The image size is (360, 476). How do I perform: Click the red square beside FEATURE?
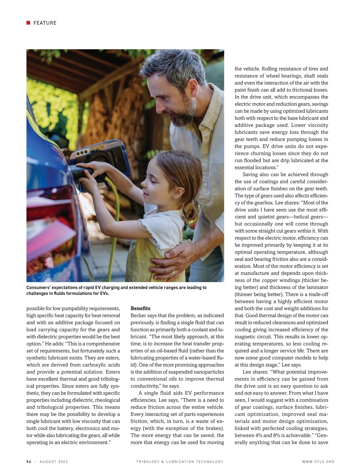pos(28,23)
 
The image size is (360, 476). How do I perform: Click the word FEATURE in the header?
pos(45,23)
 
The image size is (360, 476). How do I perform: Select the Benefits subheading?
pos(140,308)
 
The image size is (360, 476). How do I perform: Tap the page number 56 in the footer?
pos(29,462)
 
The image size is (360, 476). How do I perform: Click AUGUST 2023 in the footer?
pos(54,462)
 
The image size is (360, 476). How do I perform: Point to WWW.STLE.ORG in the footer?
pos(318,462)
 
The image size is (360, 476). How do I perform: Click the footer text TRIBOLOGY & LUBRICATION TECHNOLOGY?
pos(180,462)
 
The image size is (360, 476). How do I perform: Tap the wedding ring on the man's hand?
pos(173,273)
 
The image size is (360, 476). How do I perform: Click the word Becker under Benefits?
pos(138,315)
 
